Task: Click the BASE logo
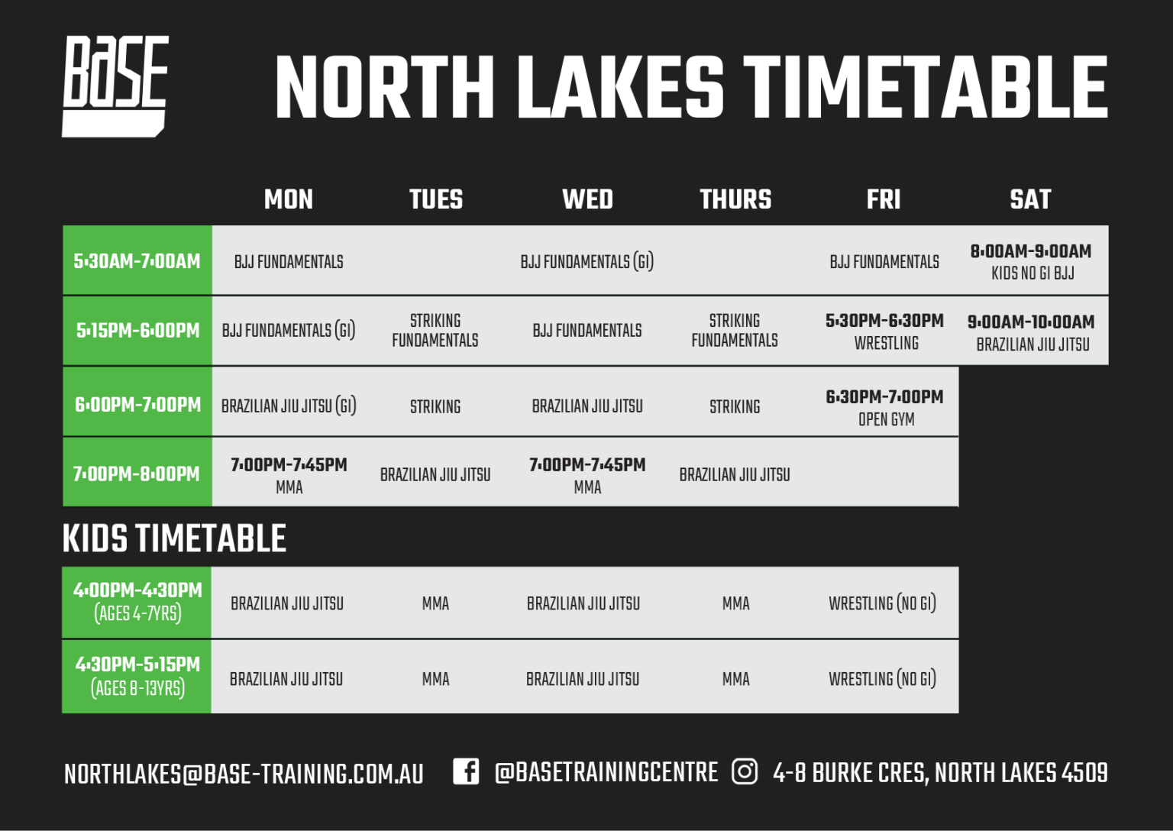[x=115, y=86]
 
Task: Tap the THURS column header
[x=735, y=199]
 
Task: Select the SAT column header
[x=1030, y=199]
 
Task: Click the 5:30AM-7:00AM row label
[x=137, y=261]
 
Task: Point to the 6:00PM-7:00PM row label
[x=137, y=404]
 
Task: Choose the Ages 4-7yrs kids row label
[x=137, y=602]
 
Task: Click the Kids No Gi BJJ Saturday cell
[x=1031, y=261]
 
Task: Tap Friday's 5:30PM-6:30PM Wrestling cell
[x=884, y=331]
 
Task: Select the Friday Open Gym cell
[x=884, y=407]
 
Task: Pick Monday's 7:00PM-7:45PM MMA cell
[x=289, y=475]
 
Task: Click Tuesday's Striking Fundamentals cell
[x=435, y=330]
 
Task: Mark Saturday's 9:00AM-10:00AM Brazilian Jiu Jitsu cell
[x=1032, y=332]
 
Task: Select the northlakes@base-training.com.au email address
[x=244, y=774]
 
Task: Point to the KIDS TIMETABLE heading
[x=174, y=538]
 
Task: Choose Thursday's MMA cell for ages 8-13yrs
[x=735, y=679]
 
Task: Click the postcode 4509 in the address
[x=1084, y=773]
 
